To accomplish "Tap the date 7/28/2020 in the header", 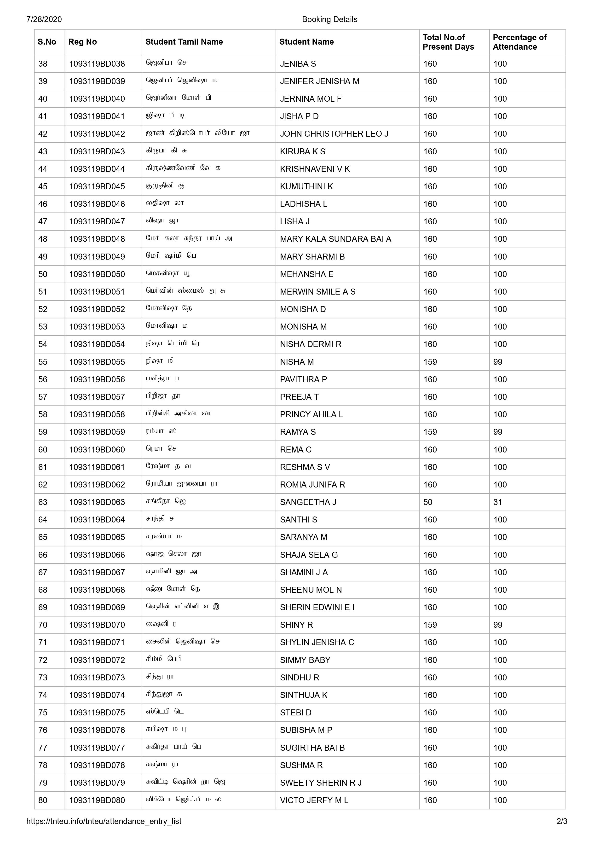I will click(44, 19).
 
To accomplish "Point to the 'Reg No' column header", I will click(82, 42).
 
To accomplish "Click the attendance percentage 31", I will click(497, 502).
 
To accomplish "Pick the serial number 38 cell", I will click(43, 64).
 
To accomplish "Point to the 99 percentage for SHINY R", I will click(497, 625).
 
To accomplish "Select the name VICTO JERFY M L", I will click(314, 800).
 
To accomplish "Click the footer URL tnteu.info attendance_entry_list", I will click(104, 821).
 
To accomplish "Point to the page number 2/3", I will click(561, 821).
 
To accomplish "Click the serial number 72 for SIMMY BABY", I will click(43, 660).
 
